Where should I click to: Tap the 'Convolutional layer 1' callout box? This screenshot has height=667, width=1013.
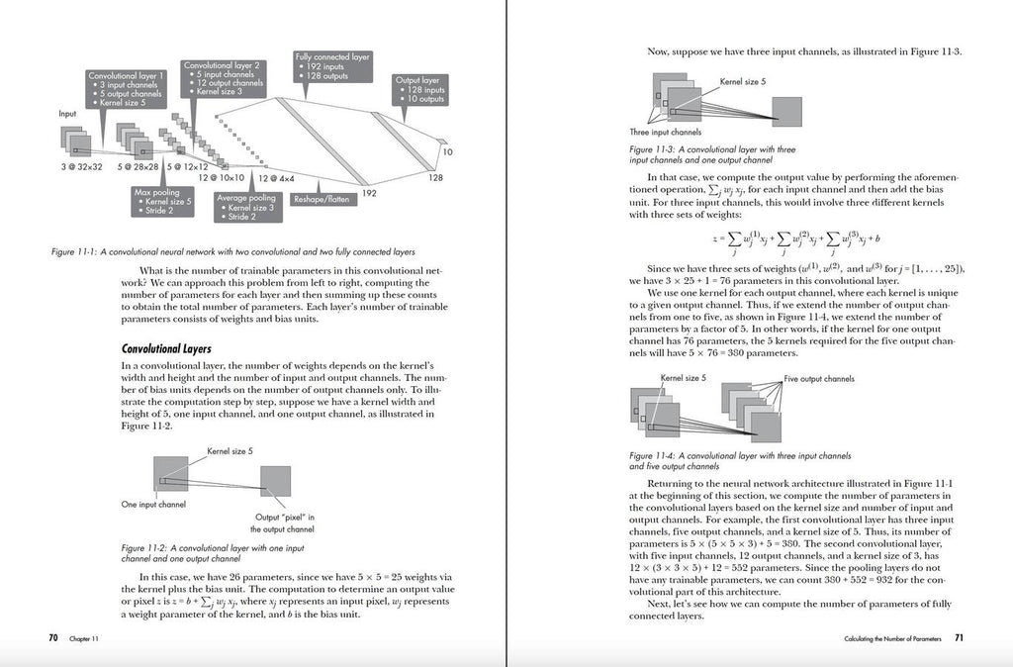click(x=127, y=88)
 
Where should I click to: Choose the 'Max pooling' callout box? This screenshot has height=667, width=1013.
click(x=157, y=201)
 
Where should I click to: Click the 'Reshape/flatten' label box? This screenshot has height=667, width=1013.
click(x=321, y=199)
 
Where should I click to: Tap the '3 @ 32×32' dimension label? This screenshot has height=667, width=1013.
click(x=81, y=166)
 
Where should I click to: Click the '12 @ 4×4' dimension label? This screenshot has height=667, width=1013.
click(x=276, y=178)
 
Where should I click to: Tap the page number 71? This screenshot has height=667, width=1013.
click(x=959, y=638)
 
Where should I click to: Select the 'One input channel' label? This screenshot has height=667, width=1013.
click(x=153, y=505)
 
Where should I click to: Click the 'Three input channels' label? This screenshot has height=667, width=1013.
click(x=665, y=132)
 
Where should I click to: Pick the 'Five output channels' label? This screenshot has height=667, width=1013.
click(x=819, y=379)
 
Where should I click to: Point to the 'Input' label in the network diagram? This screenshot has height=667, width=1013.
click(x=67, y=114)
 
